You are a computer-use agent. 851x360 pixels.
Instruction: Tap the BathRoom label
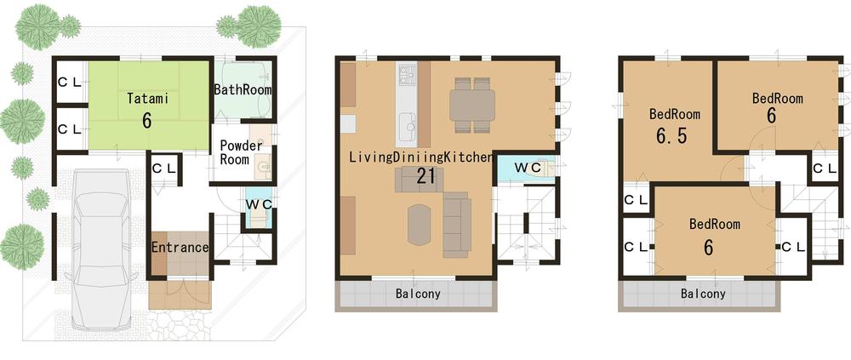(x=243, y=89)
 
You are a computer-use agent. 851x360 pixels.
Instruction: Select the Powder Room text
(x=241, y=152)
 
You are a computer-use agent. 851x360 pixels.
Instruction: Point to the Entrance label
(x=180, y=248)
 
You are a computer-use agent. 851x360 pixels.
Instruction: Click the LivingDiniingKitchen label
(x=420, y=157)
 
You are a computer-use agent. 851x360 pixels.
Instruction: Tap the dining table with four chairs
(x=471, y=105)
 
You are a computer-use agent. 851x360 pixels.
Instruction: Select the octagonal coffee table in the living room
(x=420, y=224)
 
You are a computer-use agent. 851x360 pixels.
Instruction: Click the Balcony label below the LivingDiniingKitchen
(x=418, y=294)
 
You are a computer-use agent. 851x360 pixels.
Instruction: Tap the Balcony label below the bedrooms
(x=703, y=294)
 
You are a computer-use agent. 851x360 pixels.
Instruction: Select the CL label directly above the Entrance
(x=163, y=168)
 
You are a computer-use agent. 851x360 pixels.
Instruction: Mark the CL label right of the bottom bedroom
(x=792, y=247)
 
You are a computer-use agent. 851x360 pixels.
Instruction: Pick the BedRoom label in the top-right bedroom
(x=777, y=98)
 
